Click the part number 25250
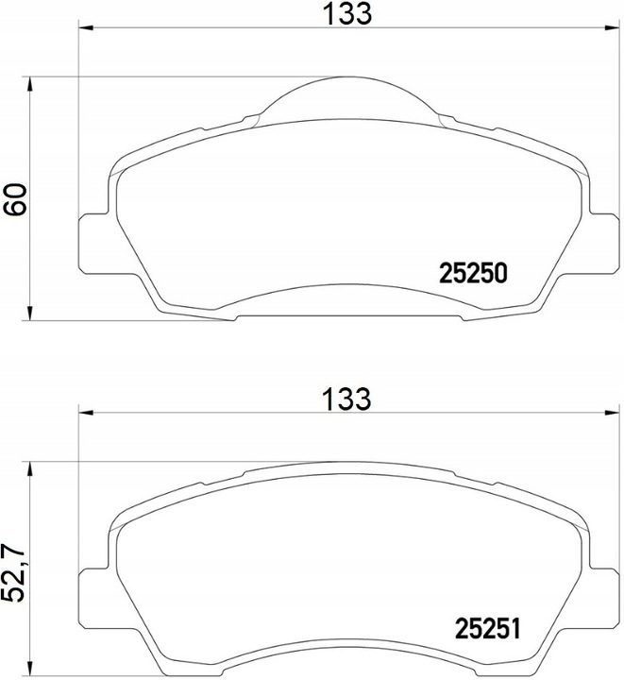tap(474, 273)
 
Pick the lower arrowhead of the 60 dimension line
tap(33, 314)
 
